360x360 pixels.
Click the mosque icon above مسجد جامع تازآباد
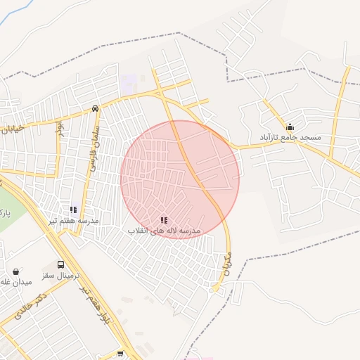[x=290, y=127]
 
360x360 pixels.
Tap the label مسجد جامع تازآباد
[x=290, y=137]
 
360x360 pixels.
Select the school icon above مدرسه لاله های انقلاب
[x=164, y=221]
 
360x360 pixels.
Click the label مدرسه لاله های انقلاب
[x=164, y=231]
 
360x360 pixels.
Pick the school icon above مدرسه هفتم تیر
[x=74, y=210]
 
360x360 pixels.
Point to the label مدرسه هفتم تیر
[x=74, y=220]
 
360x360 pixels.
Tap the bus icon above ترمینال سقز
[x=61, y=264]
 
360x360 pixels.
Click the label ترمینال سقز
[x=61, y=274]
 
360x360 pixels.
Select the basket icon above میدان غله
[x=16, y=271]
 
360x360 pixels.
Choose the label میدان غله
[x=16, y=282]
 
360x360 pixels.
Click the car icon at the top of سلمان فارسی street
[x=95, y=109]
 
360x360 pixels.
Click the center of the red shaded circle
[x=180, y=179]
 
